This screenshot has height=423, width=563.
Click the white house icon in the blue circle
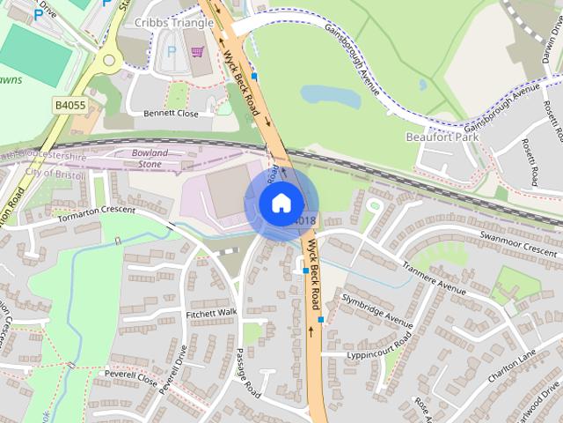[281, 204]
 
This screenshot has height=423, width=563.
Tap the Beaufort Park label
[440, 137]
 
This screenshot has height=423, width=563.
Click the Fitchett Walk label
[211, 313]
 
